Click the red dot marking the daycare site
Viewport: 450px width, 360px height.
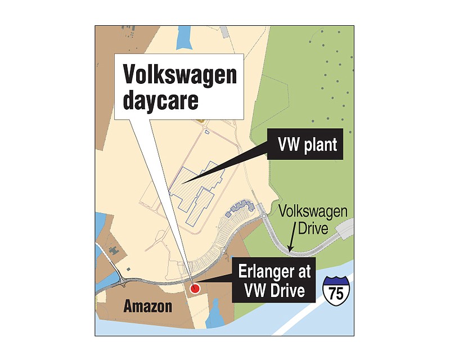pos(195,289)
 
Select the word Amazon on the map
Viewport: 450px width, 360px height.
pos(148,307)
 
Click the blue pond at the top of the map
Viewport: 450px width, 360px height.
pos(183,39)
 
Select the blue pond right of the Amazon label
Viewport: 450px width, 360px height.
pos(216,316)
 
